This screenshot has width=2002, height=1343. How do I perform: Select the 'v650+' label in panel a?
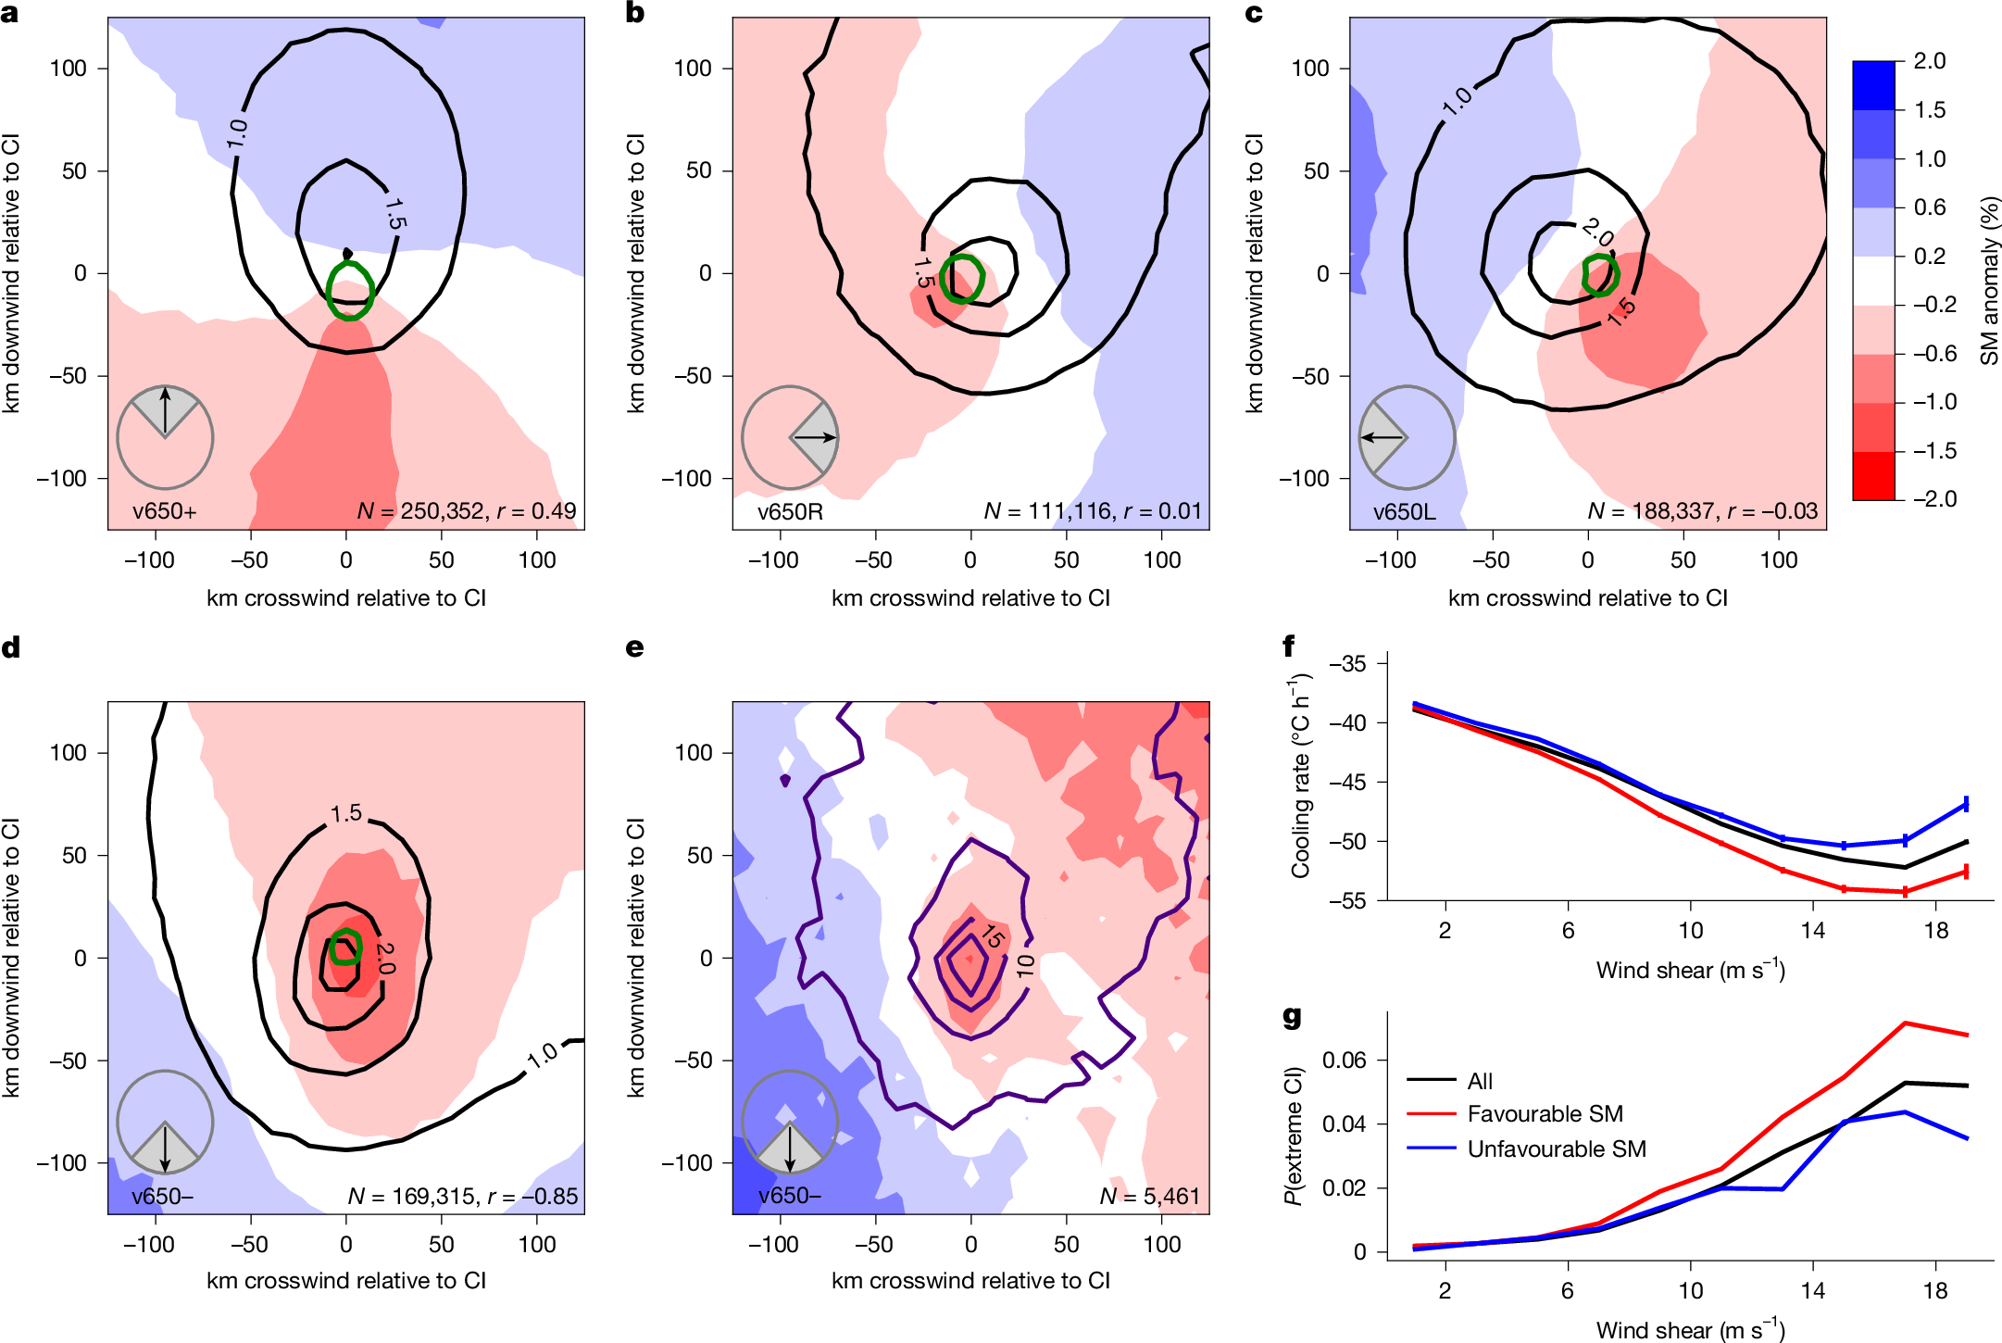tap(164, 511)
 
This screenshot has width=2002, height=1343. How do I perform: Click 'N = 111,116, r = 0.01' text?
tap(1092, 511)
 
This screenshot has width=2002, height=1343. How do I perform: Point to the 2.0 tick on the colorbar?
tap(1930, 61)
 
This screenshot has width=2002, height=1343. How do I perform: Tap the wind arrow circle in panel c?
tap(1407, 437)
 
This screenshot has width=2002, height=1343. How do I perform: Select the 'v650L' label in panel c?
tap(1404, 511)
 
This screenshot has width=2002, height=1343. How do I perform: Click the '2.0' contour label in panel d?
tap(385, 959)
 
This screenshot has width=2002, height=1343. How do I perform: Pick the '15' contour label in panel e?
tap(992, 936)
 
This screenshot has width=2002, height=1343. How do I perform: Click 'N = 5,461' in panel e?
tap(1149, 1197)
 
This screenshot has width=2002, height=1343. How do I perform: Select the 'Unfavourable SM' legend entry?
tap(1557, 1149)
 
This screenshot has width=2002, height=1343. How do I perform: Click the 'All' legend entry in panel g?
tap(1480, 1081)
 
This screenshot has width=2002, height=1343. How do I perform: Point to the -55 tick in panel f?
tap(1346, 900)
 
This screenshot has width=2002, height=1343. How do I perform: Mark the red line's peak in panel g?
tap(1905, 1023)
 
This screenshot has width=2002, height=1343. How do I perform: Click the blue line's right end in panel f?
tap(1966, 804)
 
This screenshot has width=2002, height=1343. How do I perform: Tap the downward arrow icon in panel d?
tap(165, 1148)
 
